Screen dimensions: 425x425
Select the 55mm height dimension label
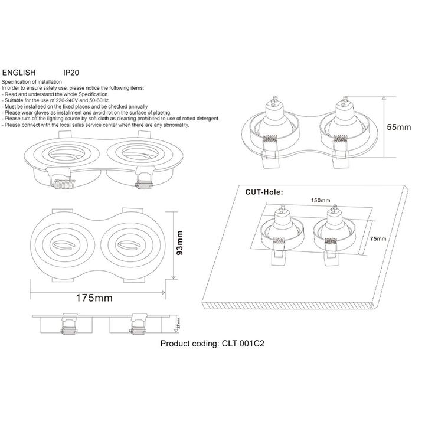coord(399,126)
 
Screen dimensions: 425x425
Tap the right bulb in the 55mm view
coord(343,118)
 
